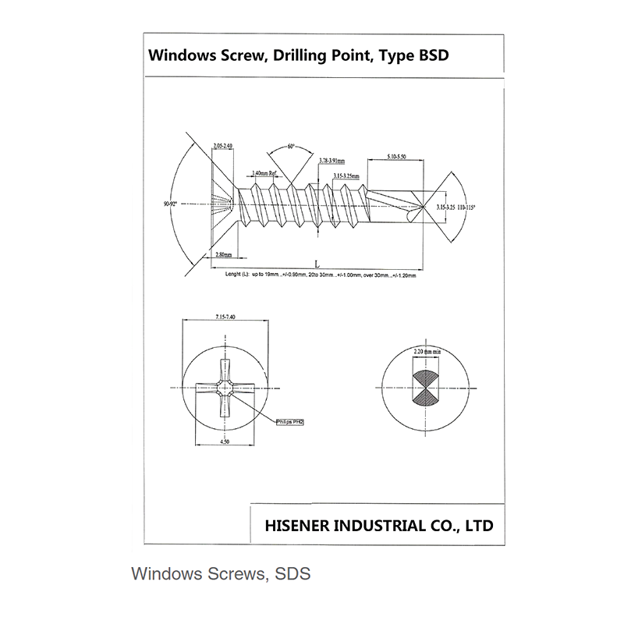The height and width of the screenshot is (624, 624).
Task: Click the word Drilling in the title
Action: pos(310,56)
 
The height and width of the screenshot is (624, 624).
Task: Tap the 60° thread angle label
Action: pos(291,146)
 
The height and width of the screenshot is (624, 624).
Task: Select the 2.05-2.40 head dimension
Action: pos(223,145)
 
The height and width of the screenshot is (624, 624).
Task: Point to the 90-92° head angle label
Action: pos(170,204)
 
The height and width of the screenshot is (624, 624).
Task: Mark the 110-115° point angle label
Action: pos(467,207)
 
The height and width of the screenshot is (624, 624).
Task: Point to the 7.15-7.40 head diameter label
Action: pos(225,317)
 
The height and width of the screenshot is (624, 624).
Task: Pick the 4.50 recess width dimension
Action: pos(225,442)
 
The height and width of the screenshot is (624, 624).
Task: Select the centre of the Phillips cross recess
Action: pos(225,388)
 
